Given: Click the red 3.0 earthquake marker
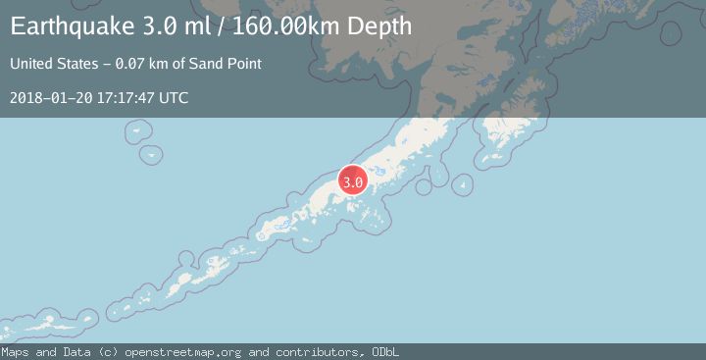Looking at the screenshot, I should [x=353, y=181].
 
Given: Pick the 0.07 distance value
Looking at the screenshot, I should [x=131, y=65].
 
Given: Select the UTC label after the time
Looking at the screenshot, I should [x=174, y=98].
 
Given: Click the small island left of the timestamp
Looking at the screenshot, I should [x=151, y=154].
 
